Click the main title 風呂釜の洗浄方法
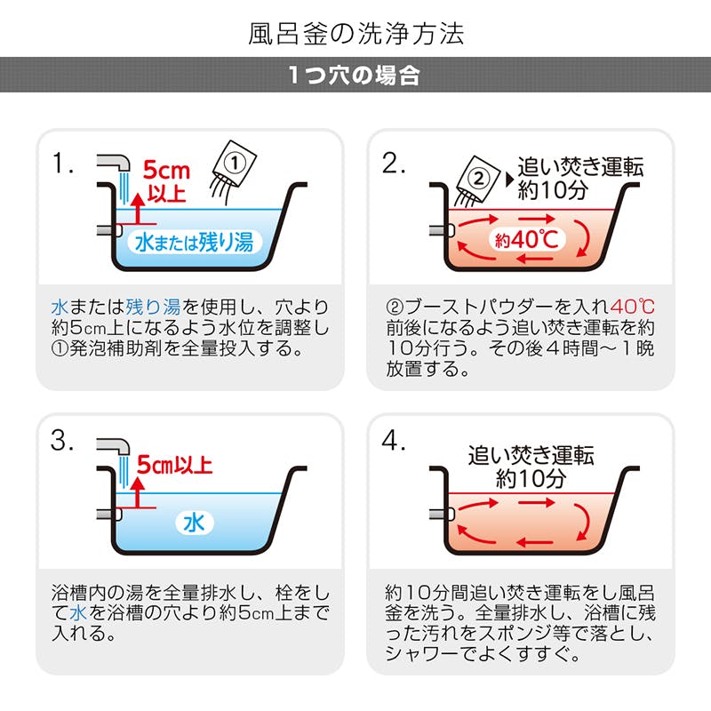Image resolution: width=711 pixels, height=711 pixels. pos(356,34)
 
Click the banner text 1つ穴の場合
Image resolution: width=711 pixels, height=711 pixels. pos(354,75)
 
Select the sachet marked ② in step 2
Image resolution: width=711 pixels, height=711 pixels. pos(478,178)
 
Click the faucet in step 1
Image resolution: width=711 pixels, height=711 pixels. pos(114,164)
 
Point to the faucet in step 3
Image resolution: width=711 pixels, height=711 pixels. pos(114,448)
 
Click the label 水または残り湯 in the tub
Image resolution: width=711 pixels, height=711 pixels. pos(194,242)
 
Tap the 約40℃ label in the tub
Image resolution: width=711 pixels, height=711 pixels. pos(527,239)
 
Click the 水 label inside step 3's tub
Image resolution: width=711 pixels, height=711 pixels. pos(194,523)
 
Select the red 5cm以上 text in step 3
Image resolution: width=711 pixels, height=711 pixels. pos(174,465)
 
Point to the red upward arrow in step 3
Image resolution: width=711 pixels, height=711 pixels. pos(139,492)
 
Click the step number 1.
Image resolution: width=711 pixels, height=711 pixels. pos(62,163)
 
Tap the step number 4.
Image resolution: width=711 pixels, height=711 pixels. pos(393,440)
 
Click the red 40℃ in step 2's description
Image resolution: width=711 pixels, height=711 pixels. pos(632,307)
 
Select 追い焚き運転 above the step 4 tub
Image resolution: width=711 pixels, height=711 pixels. pos(531,455)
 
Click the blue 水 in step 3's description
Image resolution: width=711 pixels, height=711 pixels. pos(78,613)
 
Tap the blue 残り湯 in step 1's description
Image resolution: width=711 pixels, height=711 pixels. pos(153,308)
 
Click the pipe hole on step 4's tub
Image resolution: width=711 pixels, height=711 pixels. pos(442,514)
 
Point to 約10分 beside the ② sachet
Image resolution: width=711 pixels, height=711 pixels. pos(553,189)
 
